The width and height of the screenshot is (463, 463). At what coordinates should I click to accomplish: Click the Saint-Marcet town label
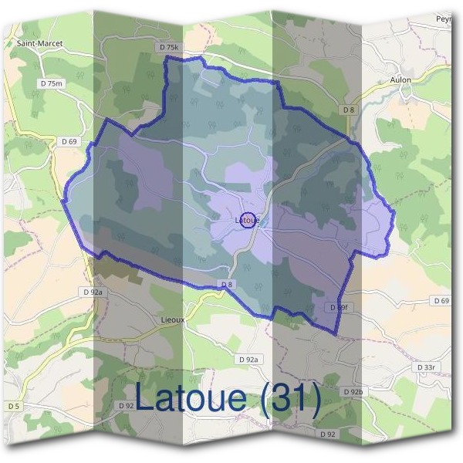pos(39,44)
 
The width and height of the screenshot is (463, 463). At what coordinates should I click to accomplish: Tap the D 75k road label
pos(169,48)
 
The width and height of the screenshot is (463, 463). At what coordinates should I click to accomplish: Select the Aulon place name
pos(400,79)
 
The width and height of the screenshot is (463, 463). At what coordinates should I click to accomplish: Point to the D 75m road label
pos(52,83)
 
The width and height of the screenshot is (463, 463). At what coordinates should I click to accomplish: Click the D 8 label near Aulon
pos(349,110)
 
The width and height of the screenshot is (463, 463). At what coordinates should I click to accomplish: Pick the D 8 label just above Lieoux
pos(227,285)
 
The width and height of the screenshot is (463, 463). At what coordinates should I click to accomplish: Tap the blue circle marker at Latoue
pos(248,220)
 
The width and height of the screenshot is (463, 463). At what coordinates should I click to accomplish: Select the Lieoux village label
pos(172,318)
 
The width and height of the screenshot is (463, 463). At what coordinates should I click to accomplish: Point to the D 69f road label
pos(340,307)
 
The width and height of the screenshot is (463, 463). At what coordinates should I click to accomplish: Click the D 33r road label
pos(427,367)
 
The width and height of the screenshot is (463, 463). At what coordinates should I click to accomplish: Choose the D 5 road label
pos(15,407)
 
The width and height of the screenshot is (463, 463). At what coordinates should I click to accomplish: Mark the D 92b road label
pos(353,392)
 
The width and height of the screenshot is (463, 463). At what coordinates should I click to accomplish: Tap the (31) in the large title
pos(291,398)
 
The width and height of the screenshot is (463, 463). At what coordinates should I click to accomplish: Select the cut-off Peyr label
pos(443,18)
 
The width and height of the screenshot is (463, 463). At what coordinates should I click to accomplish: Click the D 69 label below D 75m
pos(69,141)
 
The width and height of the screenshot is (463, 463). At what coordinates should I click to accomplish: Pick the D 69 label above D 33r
pos(441,300)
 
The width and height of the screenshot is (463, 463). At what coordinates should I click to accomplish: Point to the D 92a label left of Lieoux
pos(92,292)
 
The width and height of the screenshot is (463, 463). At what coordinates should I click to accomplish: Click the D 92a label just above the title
pos(250,360)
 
